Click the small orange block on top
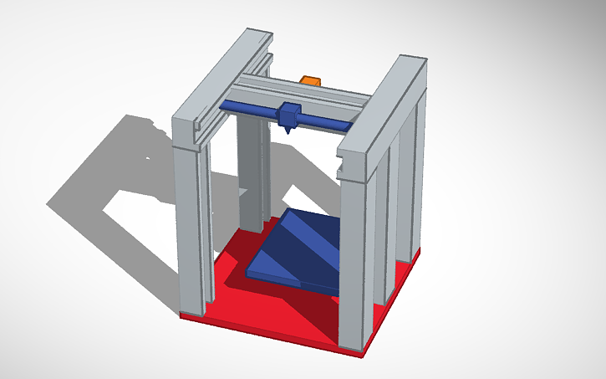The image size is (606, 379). [310, 79]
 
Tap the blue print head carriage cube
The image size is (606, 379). [290, 113]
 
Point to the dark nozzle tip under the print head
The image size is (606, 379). [287, 131]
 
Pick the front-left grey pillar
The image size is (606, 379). [194, 226]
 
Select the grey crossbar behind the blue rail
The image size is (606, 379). [326, 96]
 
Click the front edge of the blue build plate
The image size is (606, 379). [293, 284]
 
